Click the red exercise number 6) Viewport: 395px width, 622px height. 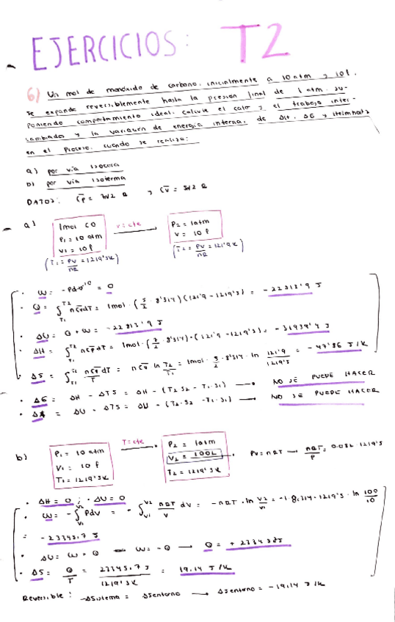pos(34,95)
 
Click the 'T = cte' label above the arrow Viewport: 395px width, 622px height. pos(133,442)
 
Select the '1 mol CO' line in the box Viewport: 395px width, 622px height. pos(75,225)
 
